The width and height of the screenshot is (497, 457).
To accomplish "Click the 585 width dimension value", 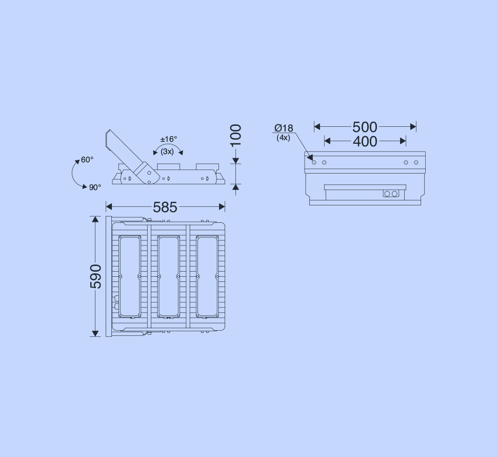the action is [x=165, y=207].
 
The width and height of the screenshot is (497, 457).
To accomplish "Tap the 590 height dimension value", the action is [x=96, y=276].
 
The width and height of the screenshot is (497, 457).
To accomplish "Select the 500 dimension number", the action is [x=365, y=127].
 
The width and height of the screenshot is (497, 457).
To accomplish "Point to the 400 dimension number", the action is [x=365, y=141].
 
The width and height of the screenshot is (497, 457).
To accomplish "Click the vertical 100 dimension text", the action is [x=235, y=136].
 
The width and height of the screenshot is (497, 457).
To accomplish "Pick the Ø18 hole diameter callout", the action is [x=284, y=128].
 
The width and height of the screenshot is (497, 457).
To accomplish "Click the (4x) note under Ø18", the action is [x=283, y=138].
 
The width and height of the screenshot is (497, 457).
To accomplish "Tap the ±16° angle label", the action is [x=169, y=139].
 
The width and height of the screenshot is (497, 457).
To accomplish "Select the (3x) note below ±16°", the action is [x=167, y=151].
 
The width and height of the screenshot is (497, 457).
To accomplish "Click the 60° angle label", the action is [x=87, y=160].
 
